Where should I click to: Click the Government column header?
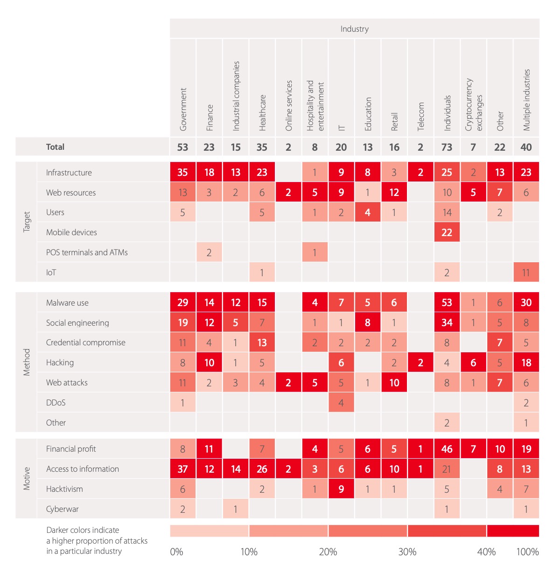pyautogui.click(x=183, y=109)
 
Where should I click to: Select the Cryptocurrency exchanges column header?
pyautogui.click(x=473, y=105)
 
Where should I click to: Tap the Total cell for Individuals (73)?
pyautogui.click(x=447, y=147)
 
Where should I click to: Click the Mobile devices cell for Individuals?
pyautogui.click(x=447, y=232)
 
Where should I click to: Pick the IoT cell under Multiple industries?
pyautogui.click(x=526, y=273)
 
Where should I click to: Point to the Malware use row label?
pyautogui.click(x=67, y=303)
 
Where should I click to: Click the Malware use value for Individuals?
pyautogui.click(x=447, y=303)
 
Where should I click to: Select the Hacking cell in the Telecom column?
pyautogui.click(x=420, y=363)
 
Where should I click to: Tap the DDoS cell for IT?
pyautogui.click(x=341, y=403)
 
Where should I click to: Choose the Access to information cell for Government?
pyautogui.click(x=182, y=469)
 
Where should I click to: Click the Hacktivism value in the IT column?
pyautogui.click(x=341, y=489)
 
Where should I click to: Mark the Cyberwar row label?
pyautogui.click(x=62, y=509)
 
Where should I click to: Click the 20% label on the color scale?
pyautogui.click(x=328, y=552)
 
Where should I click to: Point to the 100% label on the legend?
pyautogui.click(x=527, y=552)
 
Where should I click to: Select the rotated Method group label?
pyautogui.click(x=27, y=362)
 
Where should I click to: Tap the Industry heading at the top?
pyautogui.click(x=354, y=29)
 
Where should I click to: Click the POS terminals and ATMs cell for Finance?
pyautogui.click(x=209, y=252)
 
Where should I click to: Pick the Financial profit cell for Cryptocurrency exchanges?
pyautogui.click(x=473, y=449)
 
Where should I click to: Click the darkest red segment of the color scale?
pyautogui.click(x=513, y=531)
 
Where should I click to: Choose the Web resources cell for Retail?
pyautogui.click(x=394, y=193)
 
